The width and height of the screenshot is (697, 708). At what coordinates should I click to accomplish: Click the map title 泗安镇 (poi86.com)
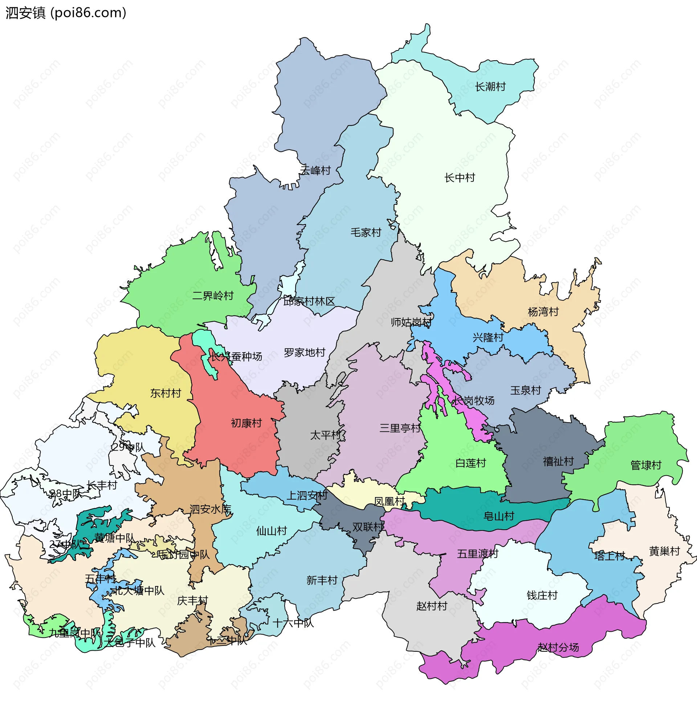click(x=66, y=13)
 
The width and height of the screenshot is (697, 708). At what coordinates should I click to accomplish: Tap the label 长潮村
click(x=490, y=87)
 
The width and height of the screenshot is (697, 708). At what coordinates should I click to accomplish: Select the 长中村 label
click(x=460, y=178)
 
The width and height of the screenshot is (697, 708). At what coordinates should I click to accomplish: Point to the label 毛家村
click(x=366, y=232)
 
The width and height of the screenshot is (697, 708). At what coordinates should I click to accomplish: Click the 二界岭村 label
click(x=213, y=296)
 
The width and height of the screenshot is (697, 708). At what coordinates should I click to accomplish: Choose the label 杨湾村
click(x=543, y=312)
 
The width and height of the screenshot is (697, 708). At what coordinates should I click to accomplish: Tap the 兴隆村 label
click(x=488, y=338)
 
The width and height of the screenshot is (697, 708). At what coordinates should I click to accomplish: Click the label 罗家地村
click(x=304, y=353)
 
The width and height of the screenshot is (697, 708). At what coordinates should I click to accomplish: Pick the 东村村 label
click(x=166, y=393)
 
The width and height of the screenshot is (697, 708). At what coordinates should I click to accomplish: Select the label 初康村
click(x=246, y=423)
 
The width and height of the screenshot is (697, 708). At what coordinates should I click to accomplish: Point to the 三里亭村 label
click(x=400, y=428)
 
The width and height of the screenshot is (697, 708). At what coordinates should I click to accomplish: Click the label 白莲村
click(x=470, y=463)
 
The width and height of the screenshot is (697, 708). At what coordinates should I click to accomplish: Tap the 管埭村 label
click(x=646, y=465)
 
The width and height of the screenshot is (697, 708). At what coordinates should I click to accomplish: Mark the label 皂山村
click(x=498, y=516)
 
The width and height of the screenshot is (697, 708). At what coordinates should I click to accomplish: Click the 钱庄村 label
click(x=542, y=595)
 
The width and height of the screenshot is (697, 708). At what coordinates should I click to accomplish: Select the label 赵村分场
click(x=558, y=648)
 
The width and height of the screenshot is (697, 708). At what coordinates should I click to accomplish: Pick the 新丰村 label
click(x=321, y=580)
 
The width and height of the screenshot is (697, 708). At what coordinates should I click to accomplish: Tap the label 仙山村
click(x=271, y=531)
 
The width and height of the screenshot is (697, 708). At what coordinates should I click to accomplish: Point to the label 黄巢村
click(x=664, y=551)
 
